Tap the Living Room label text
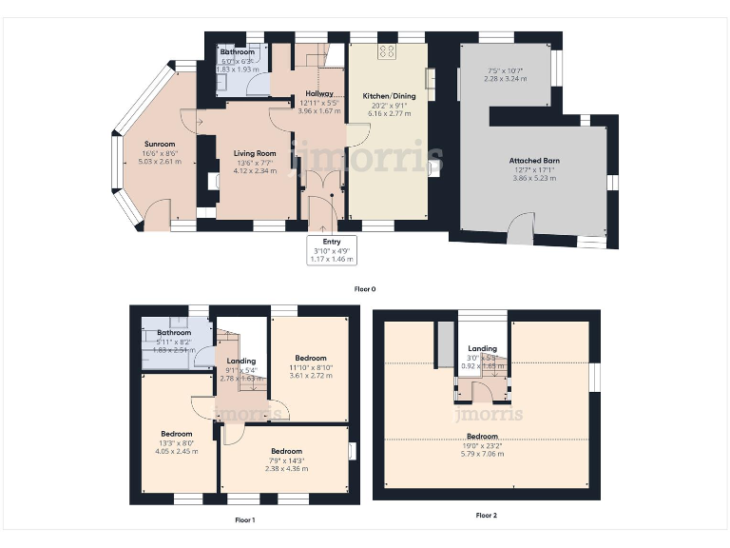(x=255, y=153)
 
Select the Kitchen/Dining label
(x=386, y=96)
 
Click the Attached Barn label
(x=534, y=161)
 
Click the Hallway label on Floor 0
(x=318, y=94)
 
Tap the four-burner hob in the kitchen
(x=387, y=51)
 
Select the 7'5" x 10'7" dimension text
(x=505, y=70)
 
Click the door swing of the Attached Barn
(x=520, y=225)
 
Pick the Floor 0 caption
(x=366, y=288)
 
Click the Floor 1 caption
(x=245, y=519)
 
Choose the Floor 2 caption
(x=486, y=515)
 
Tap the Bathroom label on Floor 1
(x=173, y=333)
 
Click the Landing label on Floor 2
(x=483, y=348)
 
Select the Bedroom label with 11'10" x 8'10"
(x=310, y=359)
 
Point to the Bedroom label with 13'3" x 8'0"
(x=176, y=434)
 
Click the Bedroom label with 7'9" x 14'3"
(x=286, y=450)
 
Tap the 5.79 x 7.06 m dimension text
(x=482, y=454)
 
